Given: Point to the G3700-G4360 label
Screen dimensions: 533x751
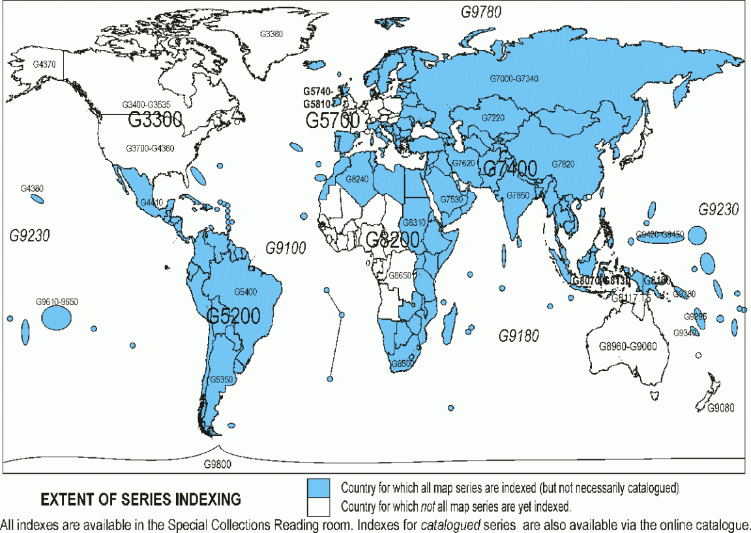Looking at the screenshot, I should click(x=150, y=149).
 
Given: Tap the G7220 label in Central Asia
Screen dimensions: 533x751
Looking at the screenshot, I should click(x=493, y=117).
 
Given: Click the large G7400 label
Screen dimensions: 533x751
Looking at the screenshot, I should click(x=510, y=169).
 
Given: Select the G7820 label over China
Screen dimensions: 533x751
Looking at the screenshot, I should click(x=563, y=164).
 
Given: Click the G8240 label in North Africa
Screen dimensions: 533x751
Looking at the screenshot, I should click(x=357, y=179).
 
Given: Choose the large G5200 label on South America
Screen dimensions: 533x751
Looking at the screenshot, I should click(x=233, y=316).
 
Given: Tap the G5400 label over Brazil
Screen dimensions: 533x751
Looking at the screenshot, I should click(x=246, y=292).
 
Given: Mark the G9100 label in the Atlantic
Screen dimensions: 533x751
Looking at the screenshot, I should click(x=285, y=248).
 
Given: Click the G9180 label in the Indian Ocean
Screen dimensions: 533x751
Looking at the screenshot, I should click(x=519, y=336).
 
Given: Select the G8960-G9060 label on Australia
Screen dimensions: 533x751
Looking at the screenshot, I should click(x=628, y=346).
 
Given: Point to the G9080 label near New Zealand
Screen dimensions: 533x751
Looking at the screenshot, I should click(x=721, y=408).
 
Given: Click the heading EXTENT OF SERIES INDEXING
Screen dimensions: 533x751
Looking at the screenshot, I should click(x=141, y=500).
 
